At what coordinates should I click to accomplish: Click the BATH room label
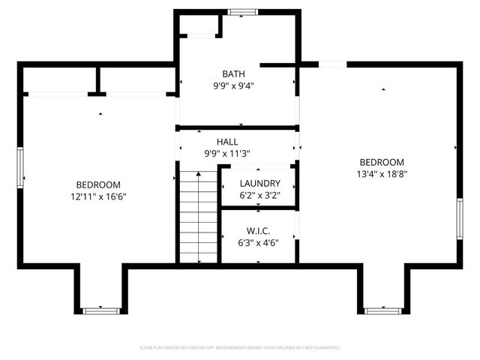click(x=232, y=73)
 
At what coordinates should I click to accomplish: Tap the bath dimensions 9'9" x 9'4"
click(x=232, y=85)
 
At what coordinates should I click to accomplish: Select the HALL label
click(x=227, y=142)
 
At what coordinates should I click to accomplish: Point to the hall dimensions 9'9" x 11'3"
click(x=227, y=154)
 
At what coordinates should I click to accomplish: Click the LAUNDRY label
click(x=259, y=184)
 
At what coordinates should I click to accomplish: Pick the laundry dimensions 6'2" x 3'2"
click(x=259, y=196)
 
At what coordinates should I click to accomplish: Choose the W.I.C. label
click(x=258, y=230)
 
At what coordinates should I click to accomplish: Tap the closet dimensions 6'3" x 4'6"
click(x=258, y=242)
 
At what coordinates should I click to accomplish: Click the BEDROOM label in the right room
click(x=382, y=162)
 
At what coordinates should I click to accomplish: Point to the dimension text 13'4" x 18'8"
click(x=382, y=174)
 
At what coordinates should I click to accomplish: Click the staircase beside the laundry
click(x=198, y=217)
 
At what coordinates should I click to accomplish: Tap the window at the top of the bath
click(x=241, y=12)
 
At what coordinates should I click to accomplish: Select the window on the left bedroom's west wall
click(x=21, y=168)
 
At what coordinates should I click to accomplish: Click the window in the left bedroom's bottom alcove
click(x=100, y=310)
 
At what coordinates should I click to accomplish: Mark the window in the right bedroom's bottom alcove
click(x=382, y=310)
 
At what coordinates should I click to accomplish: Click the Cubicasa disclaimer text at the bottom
click(x=240, y=348)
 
